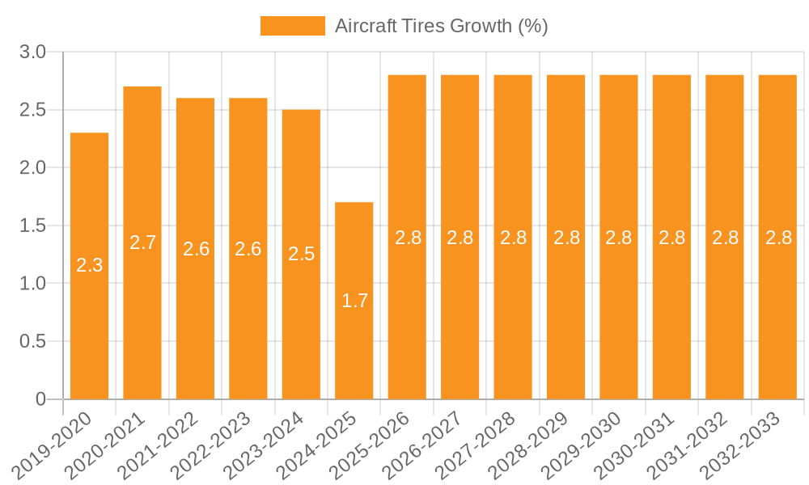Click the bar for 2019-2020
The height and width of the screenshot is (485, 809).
point(89,266)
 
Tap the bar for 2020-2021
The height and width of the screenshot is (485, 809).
point(142,242)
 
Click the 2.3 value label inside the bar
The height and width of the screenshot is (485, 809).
point(89,265)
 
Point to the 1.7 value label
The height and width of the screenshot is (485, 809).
point(354,301)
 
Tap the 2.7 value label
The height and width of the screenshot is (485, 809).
point(142,242)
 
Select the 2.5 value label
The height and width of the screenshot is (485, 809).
point(301,254)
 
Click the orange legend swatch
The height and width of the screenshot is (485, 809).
point(292,26)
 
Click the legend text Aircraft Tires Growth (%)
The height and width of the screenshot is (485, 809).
point(442,26)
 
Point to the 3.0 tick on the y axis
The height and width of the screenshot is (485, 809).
point(33,53)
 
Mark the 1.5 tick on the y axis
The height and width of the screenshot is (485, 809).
point(33,226)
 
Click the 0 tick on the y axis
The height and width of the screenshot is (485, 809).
point(41,399)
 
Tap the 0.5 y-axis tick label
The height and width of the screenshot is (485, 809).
point(33,341)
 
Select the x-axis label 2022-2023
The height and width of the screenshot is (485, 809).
point(216,445)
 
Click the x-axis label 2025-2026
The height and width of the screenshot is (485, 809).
point(375,445)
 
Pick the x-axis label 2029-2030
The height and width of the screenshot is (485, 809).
point(587,445)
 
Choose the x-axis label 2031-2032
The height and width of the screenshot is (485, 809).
point(693,445)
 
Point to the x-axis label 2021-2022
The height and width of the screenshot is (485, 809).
point(163,445)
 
